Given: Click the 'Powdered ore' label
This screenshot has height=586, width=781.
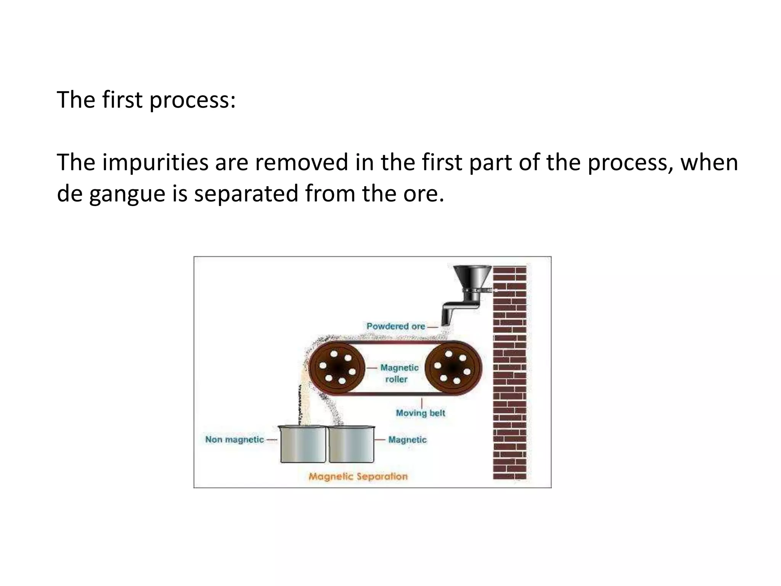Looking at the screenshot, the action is coord(396,326).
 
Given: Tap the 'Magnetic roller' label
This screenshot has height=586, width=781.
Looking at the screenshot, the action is coord(399,373).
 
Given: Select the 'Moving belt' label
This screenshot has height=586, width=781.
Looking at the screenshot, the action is coord(420,413).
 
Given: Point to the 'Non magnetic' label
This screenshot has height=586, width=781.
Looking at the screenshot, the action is coord(235,439).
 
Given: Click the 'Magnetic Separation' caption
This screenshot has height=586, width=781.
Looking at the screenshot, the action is coord(358,476).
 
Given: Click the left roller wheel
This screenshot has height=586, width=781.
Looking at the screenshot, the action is coord(337,368).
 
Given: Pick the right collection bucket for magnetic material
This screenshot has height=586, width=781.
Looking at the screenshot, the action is coord(351,444).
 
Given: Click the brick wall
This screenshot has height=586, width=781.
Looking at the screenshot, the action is coord(509,372).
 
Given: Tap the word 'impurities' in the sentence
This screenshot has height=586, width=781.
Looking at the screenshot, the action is coord(155,163).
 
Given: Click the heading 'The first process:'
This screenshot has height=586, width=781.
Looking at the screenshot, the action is coord(146,100).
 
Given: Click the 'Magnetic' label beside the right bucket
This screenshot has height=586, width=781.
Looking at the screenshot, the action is coord(407,439).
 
